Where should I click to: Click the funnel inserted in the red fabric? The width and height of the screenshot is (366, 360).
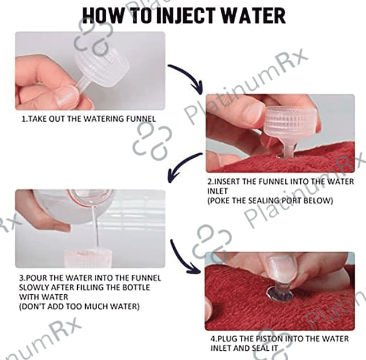(x=289, y=130)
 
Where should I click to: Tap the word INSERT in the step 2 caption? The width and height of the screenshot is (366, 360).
(x=226, y=181)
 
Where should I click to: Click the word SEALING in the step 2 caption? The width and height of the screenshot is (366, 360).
(x=263, y=201)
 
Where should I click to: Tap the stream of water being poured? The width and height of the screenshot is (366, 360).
(x=96, y=224)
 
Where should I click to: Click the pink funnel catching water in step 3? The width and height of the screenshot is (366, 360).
(x=87, y=258)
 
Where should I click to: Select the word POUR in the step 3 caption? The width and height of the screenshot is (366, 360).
(x=36, y=278)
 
